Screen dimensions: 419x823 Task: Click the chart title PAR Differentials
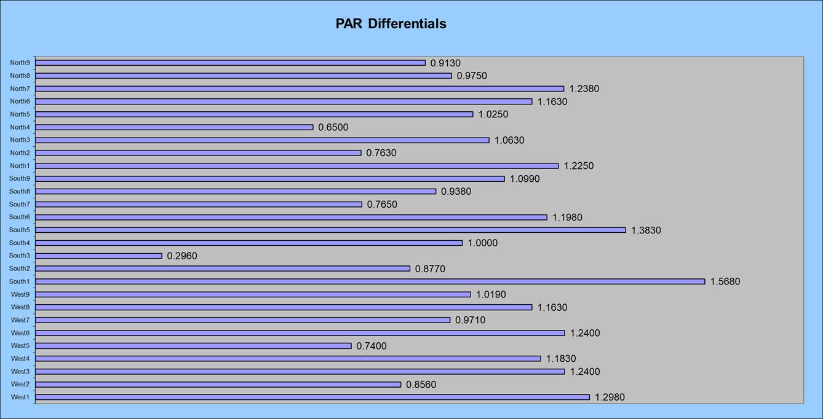pos(391,24)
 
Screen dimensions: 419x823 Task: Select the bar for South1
pos(370,281)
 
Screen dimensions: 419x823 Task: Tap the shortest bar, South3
pos(98,256)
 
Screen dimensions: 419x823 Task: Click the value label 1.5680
pos(725,281)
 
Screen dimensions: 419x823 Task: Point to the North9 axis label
pos(20,63)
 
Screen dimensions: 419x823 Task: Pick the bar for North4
pos(174,127)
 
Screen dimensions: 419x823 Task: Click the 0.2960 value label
pos(182,256)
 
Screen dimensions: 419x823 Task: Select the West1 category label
pos(20,397)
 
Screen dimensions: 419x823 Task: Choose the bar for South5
pos(330,230)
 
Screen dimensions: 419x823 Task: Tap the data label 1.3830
pos(646,230)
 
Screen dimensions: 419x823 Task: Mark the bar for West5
pos(193,346)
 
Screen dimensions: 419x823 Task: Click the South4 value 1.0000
pos(482,243)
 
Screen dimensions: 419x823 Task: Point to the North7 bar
pos(300,88)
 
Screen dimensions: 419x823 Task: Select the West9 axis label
pos(20,294)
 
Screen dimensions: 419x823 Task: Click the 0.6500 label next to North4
pos(333,127)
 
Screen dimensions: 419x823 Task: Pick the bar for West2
pos(218,385)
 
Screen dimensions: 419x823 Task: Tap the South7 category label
pos(19,204)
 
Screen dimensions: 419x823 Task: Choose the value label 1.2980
pos(610,397)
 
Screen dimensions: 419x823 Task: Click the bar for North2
pos(198,153)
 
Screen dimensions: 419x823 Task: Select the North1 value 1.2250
pos(579,166)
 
